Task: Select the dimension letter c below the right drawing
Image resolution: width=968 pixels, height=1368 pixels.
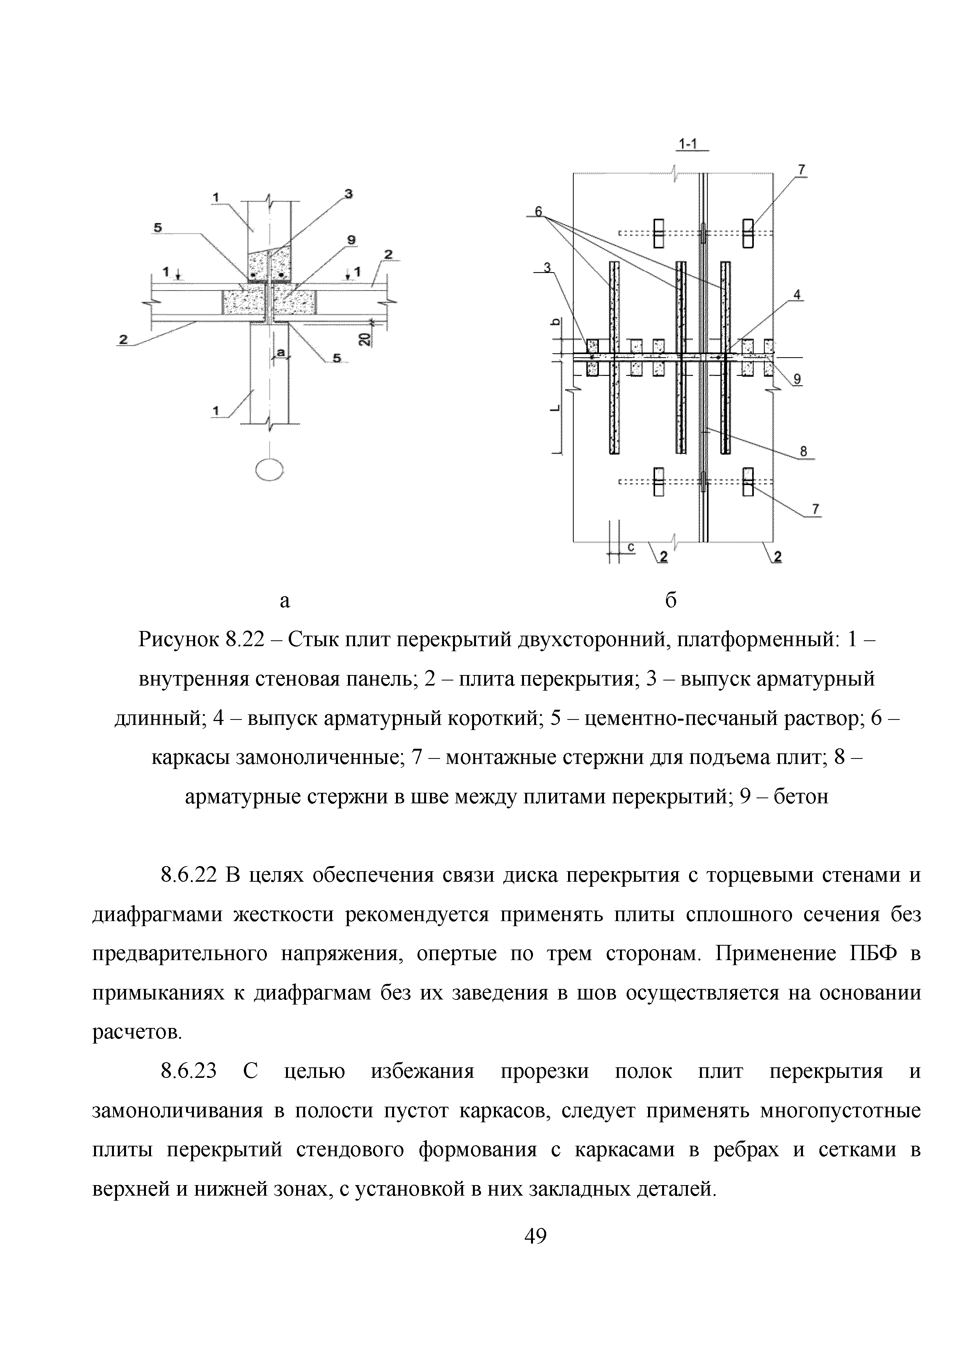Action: [631, 546]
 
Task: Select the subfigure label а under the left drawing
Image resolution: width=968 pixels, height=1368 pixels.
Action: [285, 602]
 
